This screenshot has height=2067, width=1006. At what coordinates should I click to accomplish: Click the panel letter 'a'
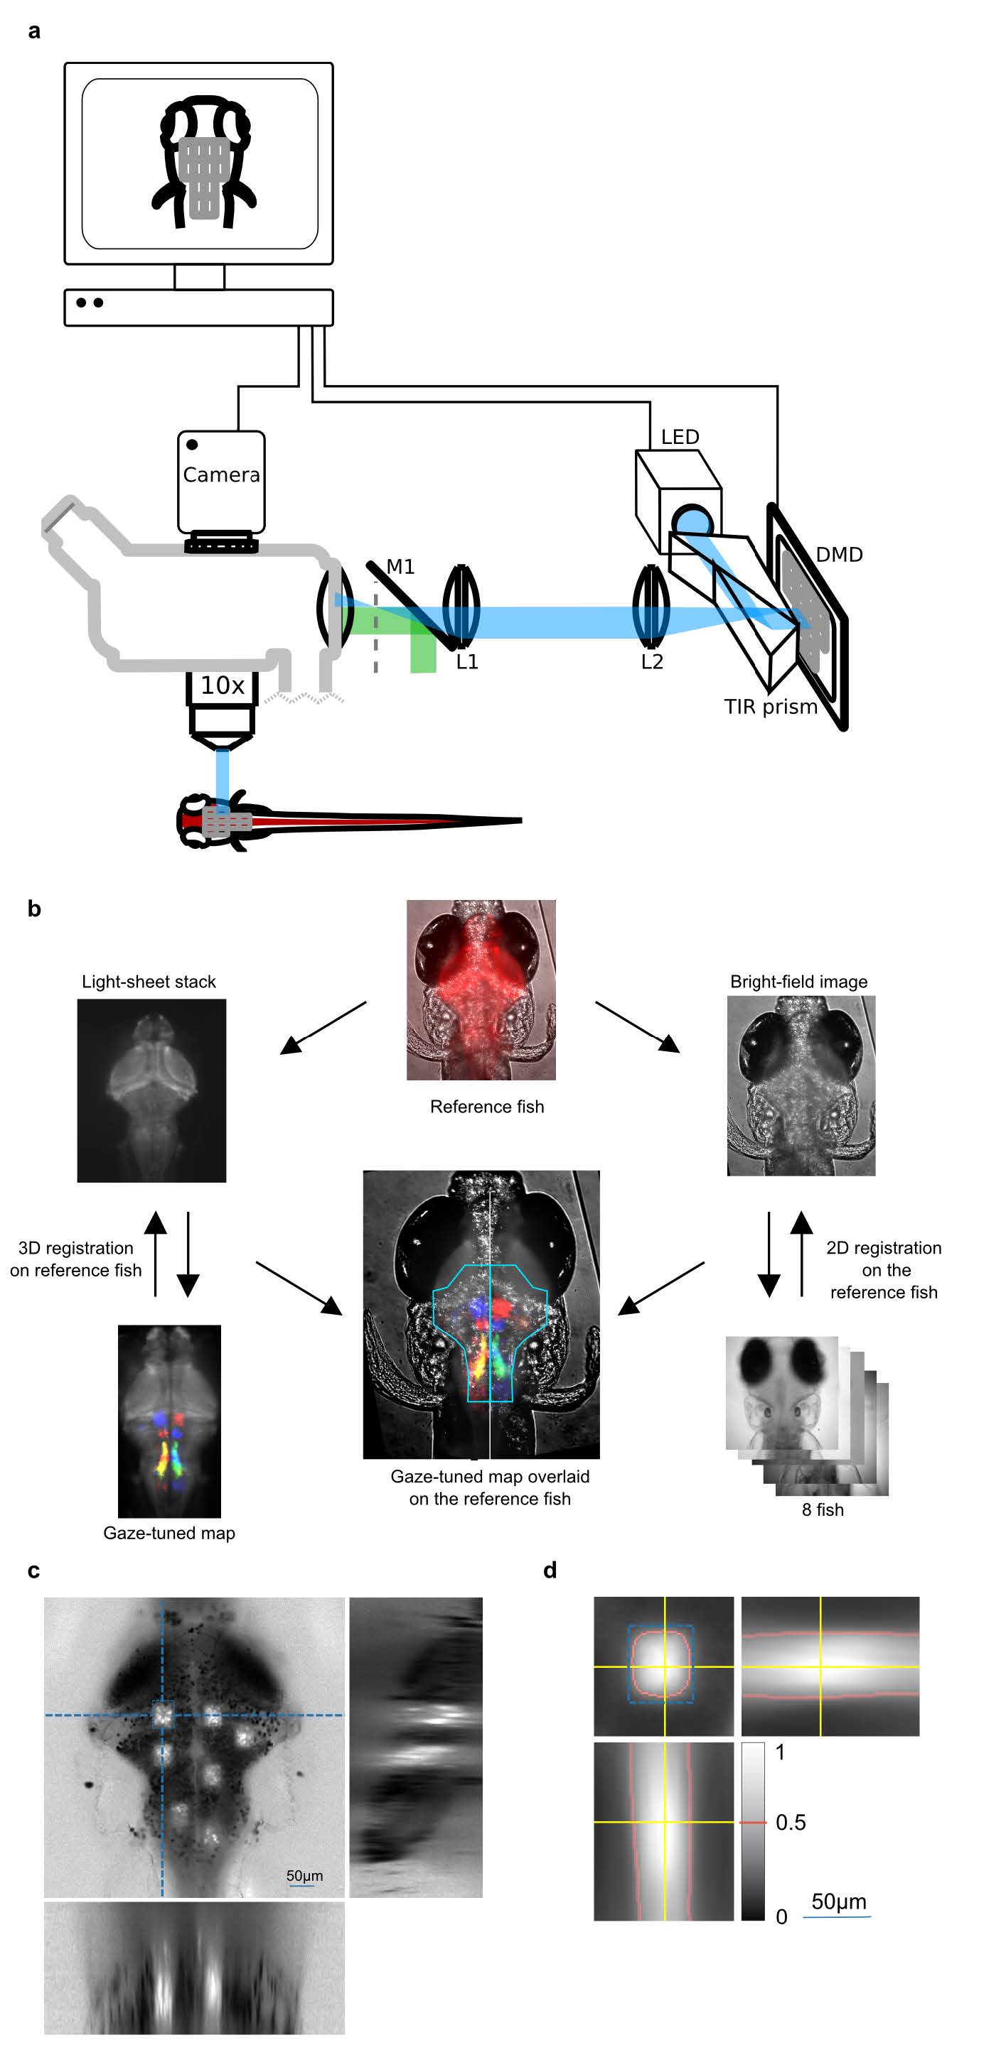[33, 31]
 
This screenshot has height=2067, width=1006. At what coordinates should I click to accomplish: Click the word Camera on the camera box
[222, 475]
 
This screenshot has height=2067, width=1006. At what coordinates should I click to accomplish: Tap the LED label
[680, 438]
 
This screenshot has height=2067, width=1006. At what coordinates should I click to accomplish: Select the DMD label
[839, 555]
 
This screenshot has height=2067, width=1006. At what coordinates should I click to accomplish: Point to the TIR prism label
[771, 707]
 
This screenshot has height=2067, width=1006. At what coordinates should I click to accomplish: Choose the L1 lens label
[467, 662]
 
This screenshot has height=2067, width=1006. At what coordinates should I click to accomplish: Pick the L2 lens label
[652, 662]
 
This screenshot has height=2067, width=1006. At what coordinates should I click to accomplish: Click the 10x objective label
[223, 685]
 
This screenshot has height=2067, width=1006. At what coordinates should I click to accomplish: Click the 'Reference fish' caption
[486, 1107]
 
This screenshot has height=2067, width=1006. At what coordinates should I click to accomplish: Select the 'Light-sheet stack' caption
[149, 982]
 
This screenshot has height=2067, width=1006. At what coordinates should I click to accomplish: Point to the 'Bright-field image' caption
[799, 982]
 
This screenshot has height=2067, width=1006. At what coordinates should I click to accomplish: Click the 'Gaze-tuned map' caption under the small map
[168, 1533]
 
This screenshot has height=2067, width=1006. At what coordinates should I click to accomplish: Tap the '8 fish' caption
[823, 1509]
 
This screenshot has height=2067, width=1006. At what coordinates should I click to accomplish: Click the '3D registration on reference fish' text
[76, 1259]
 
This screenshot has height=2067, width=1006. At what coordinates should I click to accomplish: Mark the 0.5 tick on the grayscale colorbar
[791, 1822]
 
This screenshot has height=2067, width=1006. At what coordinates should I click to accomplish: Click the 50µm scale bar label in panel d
[838, 1901]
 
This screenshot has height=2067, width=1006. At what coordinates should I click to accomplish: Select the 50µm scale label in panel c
[304, 1875]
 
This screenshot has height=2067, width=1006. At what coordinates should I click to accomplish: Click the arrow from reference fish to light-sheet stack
[323, 1027]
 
